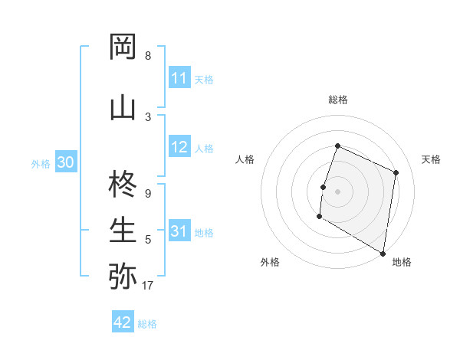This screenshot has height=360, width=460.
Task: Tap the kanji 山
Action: (x=123, y=107)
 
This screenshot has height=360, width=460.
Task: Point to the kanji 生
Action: (x=123, y=229)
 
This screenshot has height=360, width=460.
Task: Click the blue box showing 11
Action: (x=179, y=78)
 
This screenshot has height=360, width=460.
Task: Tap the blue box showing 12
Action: (x=179, y=148)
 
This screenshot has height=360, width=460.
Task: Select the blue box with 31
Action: (x=179, y=232)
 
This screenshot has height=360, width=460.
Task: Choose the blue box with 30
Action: (x=65, y=163)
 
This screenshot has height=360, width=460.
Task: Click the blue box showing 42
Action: (x=123, y=322)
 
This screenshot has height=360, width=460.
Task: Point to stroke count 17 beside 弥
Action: (x=147, y=286)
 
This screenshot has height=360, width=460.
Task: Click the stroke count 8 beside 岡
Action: (x=148, y=56)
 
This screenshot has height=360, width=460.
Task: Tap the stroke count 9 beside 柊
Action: (x=148, y=194)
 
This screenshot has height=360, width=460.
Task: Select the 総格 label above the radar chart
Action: (x=338, y=100)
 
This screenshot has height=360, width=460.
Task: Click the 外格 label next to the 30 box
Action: (x=41, y=164)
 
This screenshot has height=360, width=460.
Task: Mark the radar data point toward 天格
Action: (x=396, y=172)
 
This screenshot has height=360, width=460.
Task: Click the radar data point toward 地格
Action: (x=383, y=253)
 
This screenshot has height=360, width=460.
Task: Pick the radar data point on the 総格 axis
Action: (x=337, y=146)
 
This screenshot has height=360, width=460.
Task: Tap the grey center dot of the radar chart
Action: (x=337, y=191)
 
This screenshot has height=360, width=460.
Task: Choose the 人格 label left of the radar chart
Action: (x=245, y=159)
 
